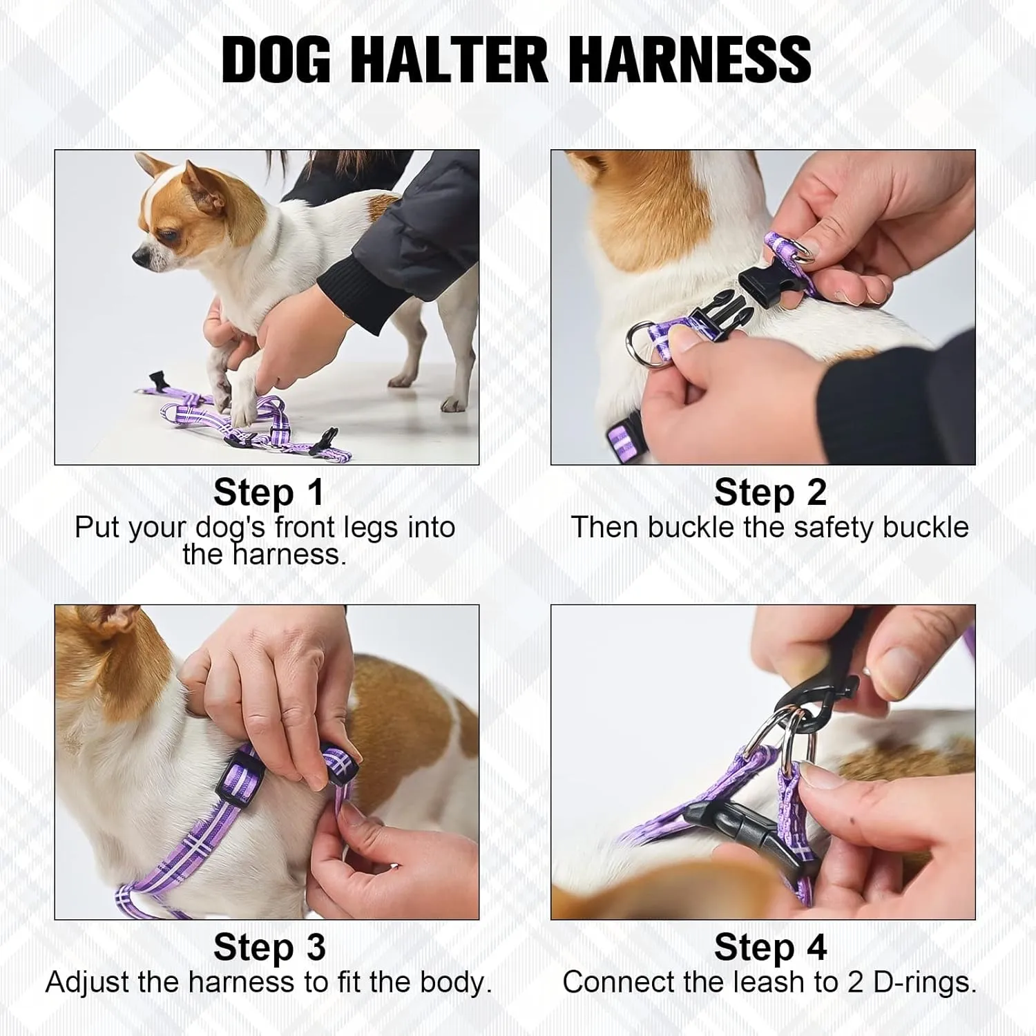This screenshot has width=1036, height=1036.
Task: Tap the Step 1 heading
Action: click(x=269, y=492)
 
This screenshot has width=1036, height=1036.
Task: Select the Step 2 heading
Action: click(x=769, y=492)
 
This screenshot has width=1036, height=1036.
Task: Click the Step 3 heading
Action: click(x=269, y=947)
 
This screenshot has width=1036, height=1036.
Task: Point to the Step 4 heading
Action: click(x=769, y=947)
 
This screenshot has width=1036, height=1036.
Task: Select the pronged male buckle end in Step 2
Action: click(x=718, y=315)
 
